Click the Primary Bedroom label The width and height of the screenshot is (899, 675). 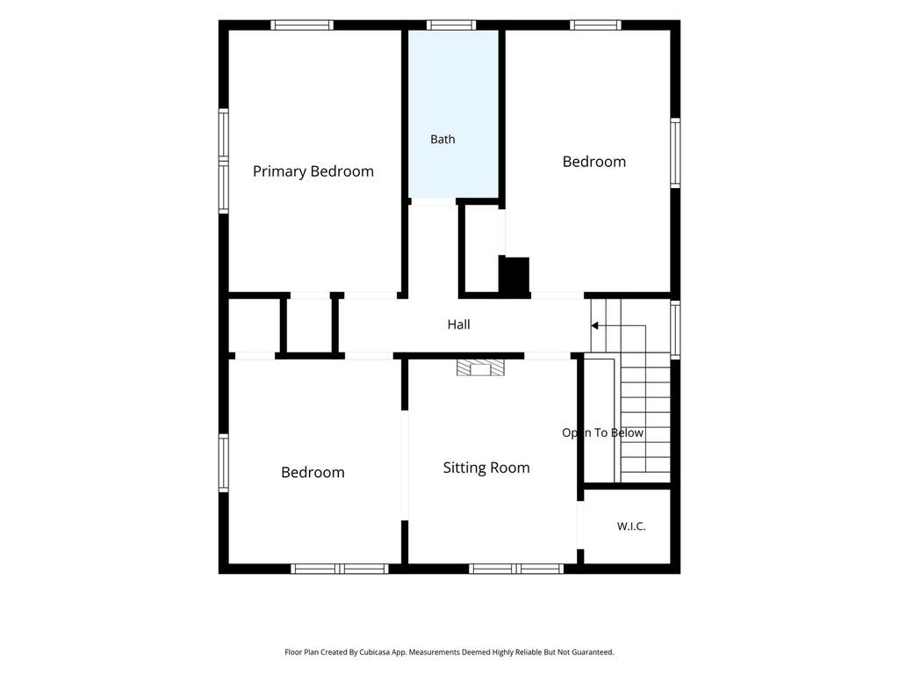click(x=313, y=171)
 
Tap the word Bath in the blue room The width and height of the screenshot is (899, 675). click(x=442, y=139)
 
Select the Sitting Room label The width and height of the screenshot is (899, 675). click(x=486, y=468)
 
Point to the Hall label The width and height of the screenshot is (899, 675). click(x=458, y=324)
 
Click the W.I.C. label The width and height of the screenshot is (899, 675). click(x=631, y=526)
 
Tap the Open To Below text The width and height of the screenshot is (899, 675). click(x=602, y=432)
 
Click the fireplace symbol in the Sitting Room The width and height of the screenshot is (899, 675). click(x=480, y=367)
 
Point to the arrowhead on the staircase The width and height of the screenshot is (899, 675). click(x=594, y=325)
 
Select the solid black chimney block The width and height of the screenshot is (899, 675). click(x=514, y=276)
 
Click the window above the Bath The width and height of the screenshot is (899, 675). click(x=451, y=25)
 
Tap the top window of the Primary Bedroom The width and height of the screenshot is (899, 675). click(x=302, y=25)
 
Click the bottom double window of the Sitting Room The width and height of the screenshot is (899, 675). click(x=516, y=569)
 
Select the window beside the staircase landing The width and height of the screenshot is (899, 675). click(x=675, y=330)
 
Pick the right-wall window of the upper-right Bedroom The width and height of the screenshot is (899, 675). click(x=675, y=153)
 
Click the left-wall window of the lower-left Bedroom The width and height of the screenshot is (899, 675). click(x=224, y=462)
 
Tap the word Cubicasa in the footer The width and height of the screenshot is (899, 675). click(x=371, y=652)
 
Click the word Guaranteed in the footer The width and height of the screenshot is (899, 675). click(x=594, y=652)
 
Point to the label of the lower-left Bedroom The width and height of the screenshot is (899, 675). click(x=313, y=472)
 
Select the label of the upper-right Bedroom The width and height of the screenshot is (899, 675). click(x=594, y=162)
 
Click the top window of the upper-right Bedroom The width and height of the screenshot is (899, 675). click(x=596, y=25)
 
